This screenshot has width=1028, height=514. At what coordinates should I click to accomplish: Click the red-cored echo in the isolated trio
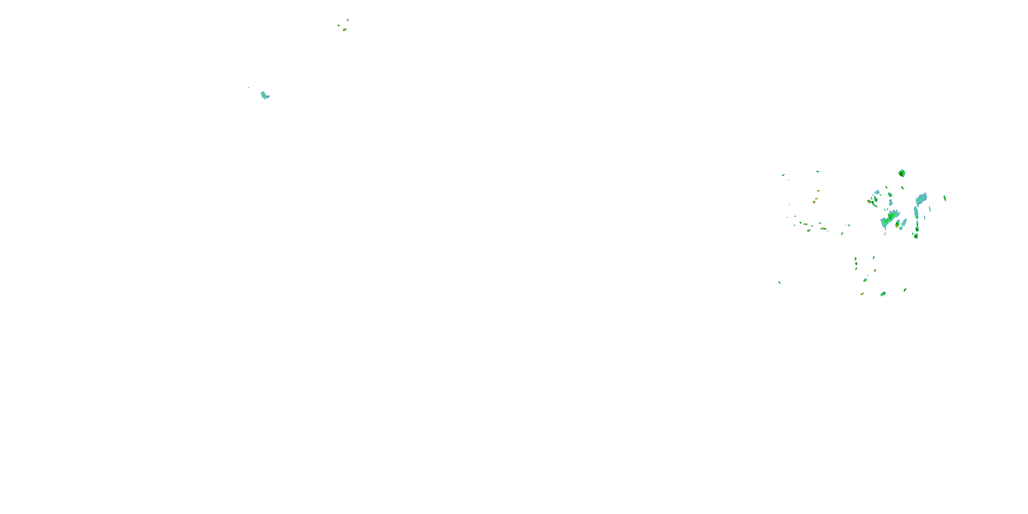coord(344,29)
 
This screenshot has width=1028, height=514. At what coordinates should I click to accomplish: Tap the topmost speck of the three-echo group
coord(347,19)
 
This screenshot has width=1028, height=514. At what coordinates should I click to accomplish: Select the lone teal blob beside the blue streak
coord(265,95)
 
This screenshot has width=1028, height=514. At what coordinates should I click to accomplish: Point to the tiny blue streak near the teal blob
coord(248,87)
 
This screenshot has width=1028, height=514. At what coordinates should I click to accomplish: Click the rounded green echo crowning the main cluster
coord(902,173)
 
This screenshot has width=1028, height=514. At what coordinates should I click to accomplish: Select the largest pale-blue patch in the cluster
coord(921,199)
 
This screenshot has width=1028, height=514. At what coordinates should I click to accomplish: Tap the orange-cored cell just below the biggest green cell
coord(897,225)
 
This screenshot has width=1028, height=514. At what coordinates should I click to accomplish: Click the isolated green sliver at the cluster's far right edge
coord(945,198)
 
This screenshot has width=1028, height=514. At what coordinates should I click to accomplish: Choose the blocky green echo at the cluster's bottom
coord(883,294)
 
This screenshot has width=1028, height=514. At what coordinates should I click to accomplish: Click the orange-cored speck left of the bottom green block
coord(862,294)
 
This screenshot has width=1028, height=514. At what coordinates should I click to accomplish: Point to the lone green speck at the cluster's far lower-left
coord(779,283)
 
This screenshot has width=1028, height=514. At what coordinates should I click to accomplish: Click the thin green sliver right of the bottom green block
coord(905,290)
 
